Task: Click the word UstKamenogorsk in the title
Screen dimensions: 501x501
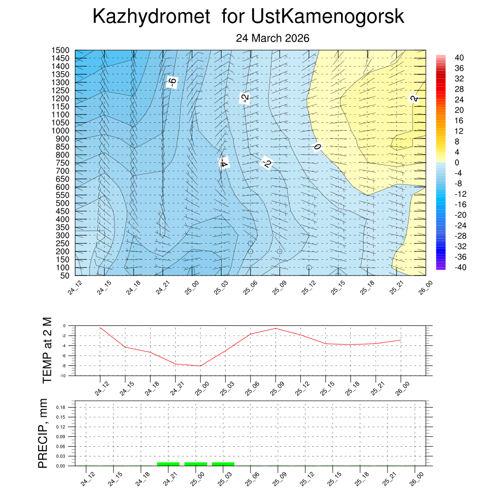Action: point(328,17)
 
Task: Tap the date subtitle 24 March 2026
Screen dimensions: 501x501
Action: point(273,38)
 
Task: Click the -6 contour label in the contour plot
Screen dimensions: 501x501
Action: point(171,82)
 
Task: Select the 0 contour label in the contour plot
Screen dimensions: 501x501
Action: point(317,146)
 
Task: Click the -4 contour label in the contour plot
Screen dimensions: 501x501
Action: point(223,163)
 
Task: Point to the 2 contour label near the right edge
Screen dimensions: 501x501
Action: point(414,98)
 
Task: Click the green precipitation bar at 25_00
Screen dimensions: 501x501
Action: point(196,463)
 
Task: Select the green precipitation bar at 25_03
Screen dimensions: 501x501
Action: point(223,463)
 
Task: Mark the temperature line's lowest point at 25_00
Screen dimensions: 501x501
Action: point(200,366)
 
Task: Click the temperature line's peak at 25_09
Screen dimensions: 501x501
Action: point(275,328)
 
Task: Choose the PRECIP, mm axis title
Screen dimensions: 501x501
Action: point(43,433)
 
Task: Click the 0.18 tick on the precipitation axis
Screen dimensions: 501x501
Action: point(60,407)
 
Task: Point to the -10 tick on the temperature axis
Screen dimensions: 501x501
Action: point(62,376)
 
